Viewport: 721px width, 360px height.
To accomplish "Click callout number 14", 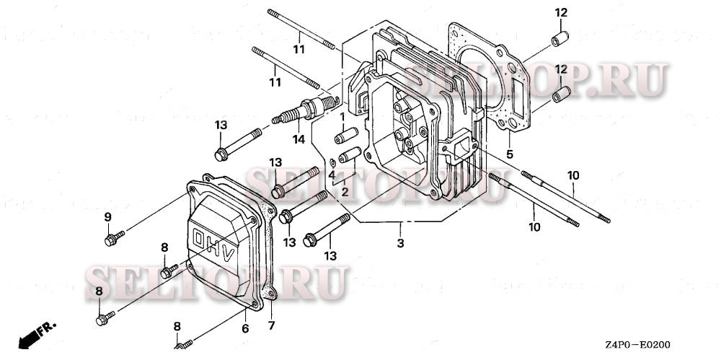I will pos(298,139).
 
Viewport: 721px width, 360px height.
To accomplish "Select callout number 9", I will pos(107,217).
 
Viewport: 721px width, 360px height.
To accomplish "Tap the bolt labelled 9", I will pos(112,240).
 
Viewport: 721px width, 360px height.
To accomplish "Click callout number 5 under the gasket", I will pos(509,154).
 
